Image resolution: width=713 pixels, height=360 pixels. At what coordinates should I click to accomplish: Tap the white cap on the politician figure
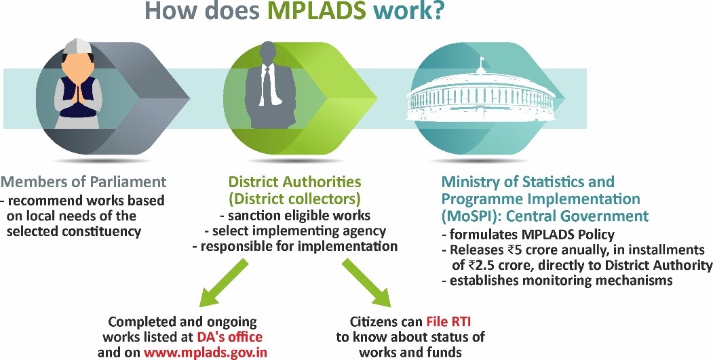78,45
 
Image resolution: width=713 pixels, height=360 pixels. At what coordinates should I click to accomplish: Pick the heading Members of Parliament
83,182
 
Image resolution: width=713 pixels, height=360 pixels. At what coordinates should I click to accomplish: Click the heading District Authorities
294,182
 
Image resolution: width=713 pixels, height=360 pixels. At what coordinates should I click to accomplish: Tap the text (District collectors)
294,199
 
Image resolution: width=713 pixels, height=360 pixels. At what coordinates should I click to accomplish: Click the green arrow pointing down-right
366,282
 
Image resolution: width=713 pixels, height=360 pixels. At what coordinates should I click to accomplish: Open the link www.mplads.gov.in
206,353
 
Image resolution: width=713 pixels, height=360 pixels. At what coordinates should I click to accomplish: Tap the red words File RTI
449,322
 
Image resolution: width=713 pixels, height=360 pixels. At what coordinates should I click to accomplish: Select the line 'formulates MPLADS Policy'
528,235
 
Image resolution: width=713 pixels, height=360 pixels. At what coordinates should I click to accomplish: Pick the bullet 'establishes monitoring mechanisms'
557,280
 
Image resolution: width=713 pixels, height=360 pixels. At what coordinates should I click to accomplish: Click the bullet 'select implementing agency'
295,231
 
